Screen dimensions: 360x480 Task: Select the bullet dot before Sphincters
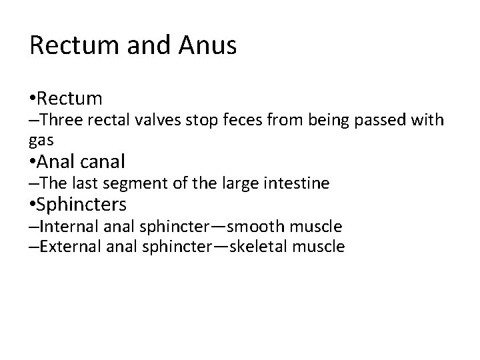[x=33, y=204]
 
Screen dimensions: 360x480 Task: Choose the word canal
[x=100, y=162]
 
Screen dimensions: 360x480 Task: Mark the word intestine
[x=297, y=183]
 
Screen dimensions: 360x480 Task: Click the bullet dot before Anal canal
[x=33, y=162]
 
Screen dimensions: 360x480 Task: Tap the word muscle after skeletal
[x=317, y=247]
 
